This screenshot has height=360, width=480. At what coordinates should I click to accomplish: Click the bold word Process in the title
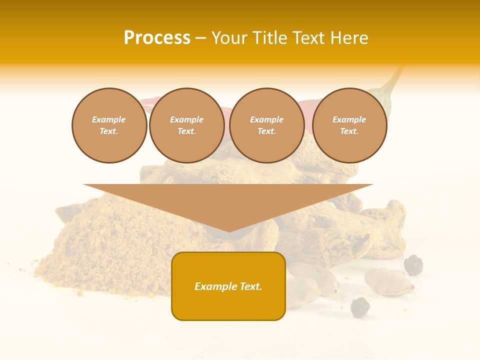coord(157,38)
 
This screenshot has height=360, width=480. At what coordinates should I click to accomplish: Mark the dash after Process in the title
coord(200,38)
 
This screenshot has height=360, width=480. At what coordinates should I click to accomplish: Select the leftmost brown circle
coord(109,125)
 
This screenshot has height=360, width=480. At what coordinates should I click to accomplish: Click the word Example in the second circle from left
coord(186,119)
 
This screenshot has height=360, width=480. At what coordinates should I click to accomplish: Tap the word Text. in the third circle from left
coord(266,131)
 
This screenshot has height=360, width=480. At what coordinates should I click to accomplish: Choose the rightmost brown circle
coord(349,125)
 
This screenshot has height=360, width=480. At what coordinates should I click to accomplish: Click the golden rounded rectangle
coord(228,286)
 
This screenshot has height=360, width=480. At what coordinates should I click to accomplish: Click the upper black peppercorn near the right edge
coord(413,265)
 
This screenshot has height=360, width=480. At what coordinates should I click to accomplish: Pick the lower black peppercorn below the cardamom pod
coord(360,307)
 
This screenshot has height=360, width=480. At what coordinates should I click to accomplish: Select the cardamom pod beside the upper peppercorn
coord(388,281)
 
